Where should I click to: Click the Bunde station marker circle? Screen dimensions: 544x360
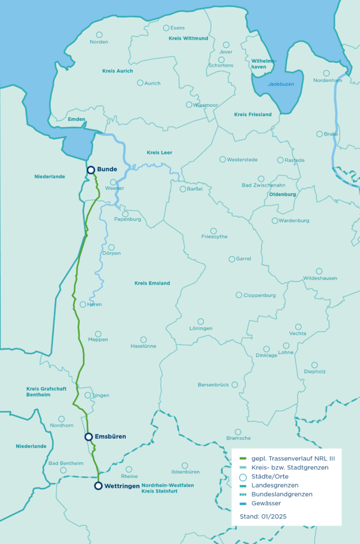point(91,169)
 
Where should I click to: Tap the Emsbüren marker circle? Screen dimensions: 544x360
point(89,437)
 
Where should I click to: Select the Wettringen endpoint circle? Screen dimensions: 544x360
point(98,486)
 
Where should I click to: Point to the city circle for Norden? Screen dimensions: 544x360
point(99,35)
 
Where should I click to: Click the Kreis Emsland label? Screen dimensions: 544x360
point(152,283)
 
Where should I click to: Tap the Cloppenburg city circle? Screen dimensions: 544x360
point(239,295)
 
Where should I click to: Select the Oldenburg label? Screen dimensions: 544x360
point(282,194)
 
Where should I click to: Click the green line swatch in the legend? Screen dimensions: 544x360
point(243,458)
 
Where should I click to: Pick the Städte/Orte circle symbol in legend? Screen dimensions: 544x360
point(243,477)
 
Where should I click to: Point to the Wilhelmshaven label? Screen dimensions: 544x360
point(264,64)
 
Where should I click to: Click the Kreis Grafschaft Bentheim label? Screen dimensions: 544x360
point(47,392)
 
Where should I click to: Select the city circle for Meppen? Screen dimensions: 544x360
point(98,334)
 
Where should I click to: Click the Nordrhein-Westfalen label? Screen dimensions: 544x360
point(167,485)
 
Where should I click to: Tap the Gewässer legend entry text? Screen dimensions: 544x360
point(267,503)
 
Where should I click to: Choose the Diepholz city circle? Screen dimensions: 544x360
point(314,365)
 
